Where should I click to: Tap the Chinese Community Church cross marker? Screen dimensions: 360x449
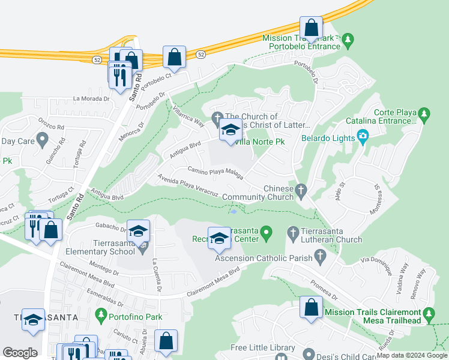pyautogui.click(x=302, y=190)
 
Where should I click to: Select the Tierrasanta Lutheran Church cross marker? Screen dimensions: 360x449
pyautogui.click(x=293, y=232)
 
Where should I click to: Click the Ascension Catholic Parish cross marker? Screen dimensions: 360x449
pyautogui.click(x=320, y=258)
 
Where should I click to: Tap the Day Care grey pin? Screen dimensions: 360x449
pyautogui.click(x=41, y=140)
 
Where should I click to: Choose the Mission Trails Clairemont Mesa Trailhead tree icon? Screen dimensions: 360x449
pyautogui.click(x=428, y=313)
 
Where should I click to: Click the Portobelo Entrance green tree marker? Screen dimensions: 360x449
pyautogui.click(x=348, y=41)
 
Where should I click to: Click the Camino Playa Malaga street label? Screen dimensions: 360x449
pyautogui.click(x=215, y=173)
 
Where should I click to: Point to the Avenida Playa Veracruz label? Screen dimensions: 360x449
pyautogui.click(x=187, y=185)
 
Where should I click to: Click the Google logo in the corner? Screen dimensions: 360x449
pyautogui.click(x=20, y=353)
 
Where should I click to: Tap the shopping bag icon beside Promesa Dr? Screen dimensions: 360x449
pyautogui.click(x=311, y=308)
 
